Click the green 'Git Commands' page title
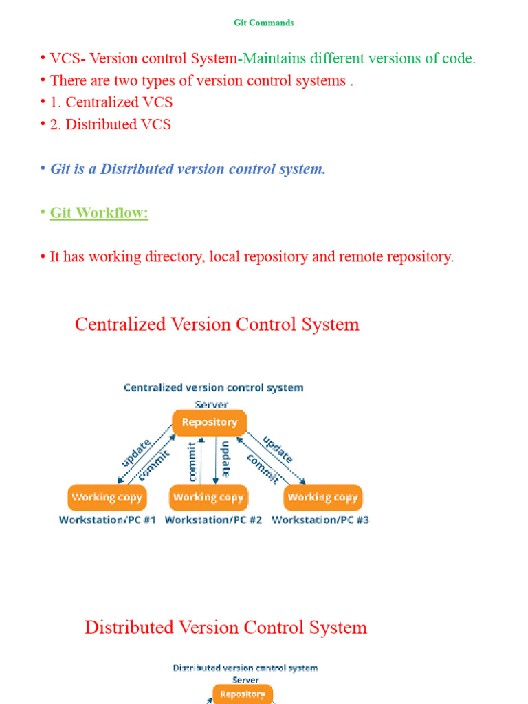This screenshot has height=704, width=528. [263, 23]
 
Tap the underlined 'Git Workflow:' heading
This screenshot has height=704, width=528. [99, 212]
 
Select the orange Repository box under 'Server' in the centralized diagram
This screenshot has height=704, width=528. [209, 422]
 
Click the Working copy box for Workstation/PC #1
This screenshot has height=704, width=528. [107, 497]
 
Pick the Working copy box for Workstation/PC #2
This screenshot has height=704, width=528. [208, 497]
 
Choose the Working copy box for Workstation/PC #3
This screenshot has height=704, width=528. [322, 497]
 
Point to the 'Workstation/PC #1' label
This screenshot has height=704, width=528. [107, 520]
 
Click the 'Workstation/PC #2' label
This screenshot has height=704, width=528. [213, 520]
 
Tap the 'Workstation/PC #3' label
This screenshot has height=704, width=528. [320, 520]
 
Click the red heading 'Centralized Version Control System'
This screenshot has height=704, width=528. [217, 324]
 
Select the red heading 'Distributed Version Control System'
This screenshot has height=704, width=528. [225, 627]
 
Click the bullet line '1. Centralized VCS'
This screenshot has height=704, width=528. [111, 102]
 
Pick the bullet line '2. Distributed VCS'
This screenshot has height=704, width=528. [110, 124]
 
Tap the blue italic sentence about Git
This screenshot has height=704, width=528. [188, 168]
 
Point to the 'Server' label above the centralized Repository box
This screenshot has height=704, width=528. [211, 405]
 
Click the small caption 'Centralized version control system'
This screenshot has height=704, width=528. [213, 388]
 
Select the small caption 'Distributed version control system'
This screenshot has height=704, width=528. [245, 668]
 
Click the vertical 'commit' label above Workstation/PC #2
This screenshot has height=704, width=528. [192, 461]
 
